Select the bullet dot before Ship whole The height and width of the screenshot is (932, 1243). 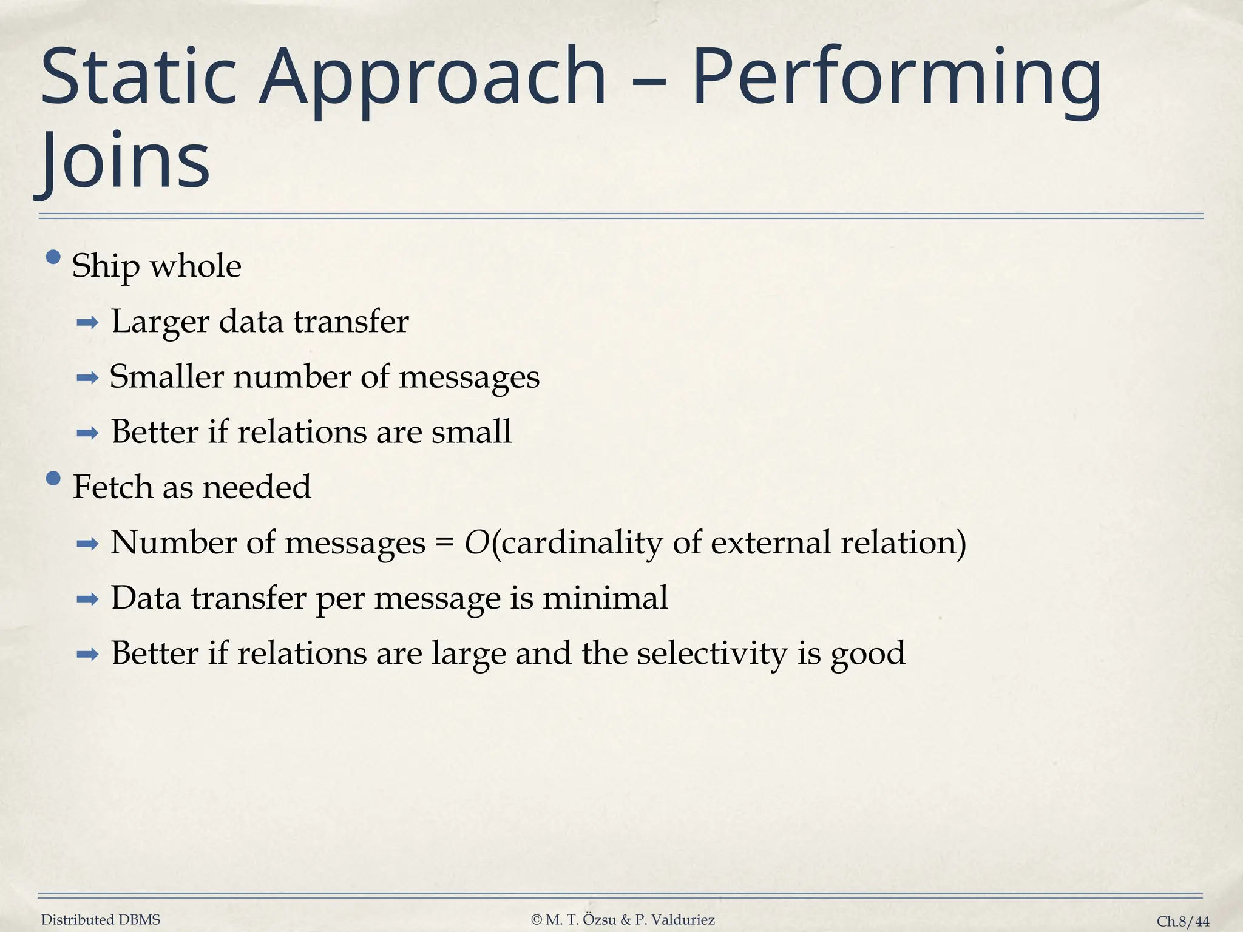53,257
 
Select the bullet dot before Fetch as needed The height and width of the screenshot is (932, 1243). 53,479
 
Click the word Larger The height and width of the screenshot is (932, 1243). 160,322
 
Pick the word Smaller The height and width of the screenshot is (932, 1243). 167,377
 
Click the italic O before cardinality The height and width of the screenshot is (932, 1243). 476,542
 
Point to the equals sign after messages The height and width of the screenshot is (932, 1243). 444,542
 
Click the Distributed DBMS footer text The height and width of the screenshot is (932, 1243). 101,920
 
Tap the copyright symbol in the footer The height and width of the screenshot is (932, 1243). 536,920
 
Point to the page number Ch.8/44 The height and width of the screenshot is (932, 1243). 1183,921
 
